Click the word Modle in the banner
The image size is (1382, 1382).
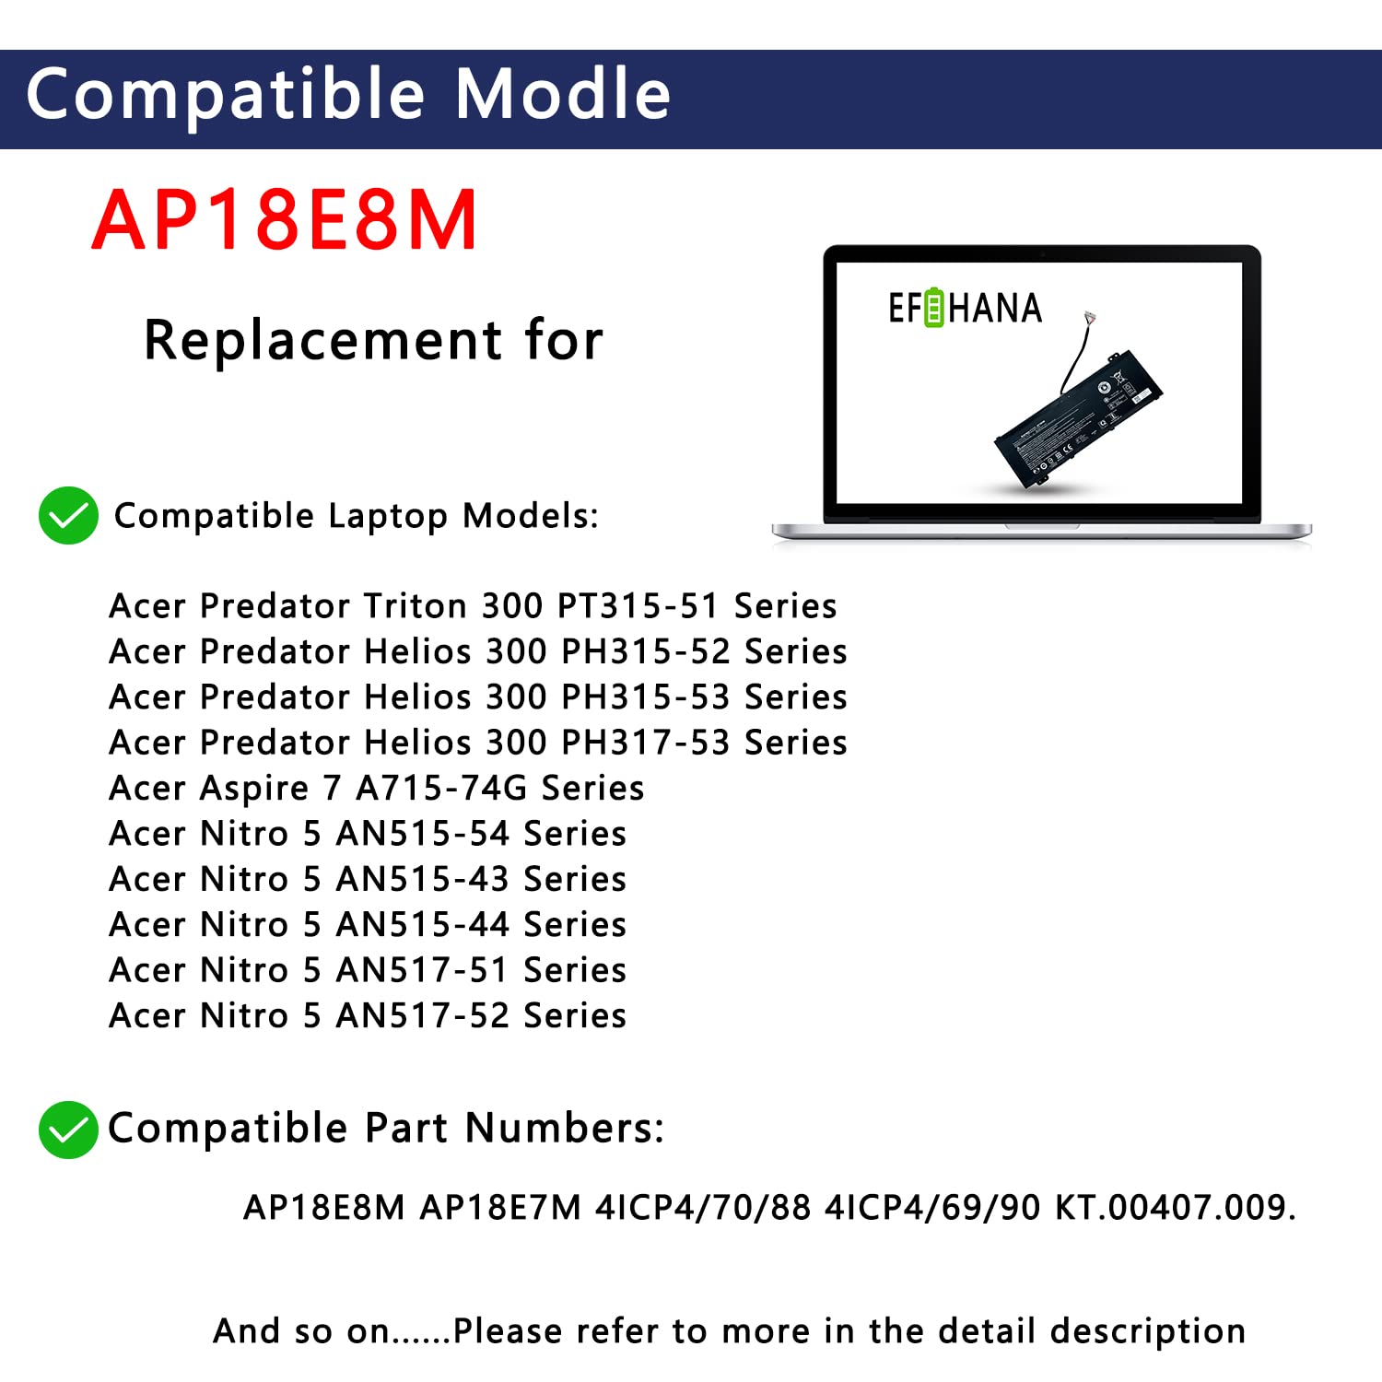point(563,95)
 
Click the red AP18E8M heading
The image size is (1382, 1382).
point(285,220)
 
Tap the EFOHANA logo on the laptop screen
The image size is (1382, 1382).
point(965,309)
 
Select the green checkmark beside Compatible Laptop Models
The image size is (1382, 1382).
point(68,516)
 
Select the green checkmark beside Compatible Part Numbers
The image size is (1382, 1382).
point(68,1130)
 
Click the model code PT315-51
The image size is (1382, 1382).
point(638,606)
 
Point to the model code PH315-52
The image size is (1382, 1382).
point(645,651)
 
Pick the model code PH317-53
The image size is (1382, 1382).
point(645,743)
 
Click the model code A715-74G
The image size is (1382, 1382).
point(441,789)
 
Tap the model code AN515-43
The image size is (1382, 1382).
point(422,879)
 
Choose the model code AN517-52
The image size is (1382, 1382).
point(422,1016)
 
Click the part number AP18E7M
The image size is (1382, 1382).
point(500,1207)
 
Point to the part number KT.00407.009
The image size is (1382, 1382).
point(1175,1207)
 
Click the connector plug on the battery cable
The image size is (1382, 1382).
point(1090,318)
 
